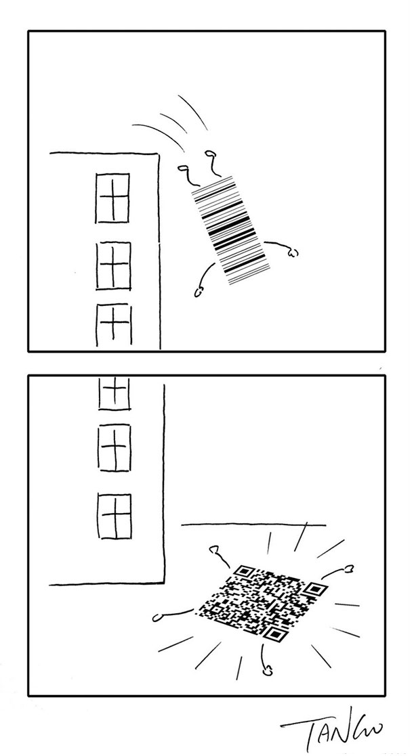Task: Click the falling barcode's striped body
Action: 230,229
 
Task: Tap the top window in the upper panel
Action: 112,198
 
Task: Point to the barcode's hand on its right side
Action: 292,253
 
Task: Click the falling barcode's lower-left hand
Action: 200,292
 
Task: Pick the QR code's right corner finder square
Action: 313,590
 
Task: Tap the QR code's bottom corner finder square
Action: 274,634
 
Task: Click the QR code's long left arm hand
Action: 159,617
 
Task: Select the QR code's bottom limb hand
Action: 267,671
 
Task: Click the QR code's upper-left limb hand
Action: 216,550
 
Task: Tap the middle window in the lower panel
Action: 115,447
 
